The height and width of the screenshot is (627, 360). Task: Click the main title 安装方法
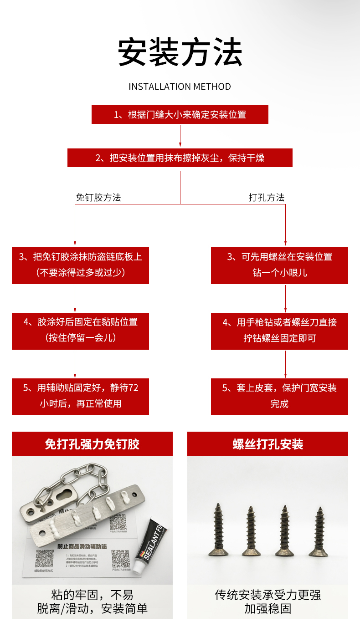[x=180, y=52]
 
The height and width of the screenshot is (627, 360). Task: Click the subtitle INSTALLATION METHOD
[x=180, y=87]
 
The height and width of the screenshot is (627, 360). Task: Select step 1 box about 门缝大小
[x=180, y=114]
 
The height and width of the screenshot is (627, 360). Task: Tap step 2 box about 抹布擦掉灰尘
[x=180, y=158]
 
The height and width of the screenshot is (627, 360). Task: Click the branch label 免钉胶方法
[x=98, y=198]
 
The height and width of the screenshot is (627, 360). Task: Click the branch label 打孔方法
[x=267, y=198]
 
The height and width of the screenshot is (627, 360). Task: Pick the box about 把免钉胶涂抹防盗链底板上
[x=80, y=265]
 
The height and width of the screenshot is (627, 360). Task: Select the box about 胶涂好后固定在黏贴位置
[x=80, y=330]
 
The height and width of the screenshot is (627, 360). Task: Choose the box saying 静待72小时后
[x=80, y=396]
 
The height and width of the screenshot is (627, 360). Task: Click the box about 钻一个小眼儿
[x=279, y=265]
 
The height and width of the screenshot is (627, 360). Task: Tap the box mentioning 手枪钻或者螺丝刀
[x=279, y=331]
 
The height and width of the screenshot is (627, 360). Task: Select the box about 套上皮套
[x=279, y=396]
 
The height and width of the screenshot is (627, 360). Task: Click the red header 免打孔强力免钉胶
[x=92, y=444]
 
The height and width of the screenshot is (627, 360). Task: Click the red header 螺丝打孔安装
[x=267, y=444]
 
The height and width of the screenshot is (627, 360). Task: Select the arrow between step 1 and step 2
[x=180, y=136]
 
